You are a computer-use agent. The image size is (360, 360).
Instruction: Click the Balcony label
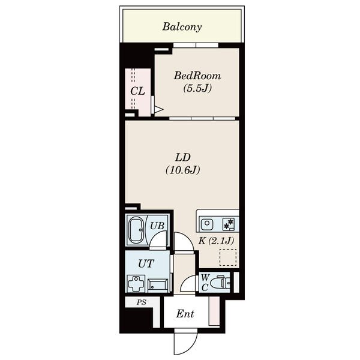[x=182, y=27]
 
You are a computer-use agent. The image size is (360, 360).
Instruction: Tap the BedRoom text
[x=197, y=76]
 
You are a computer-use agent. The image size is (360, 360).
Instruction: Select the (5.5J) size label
[x=197, y=88]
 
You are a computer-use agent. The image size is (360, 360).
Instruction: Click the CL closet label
[x=137, y=91]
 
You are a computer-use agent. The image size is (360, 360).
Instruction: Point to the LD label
[x=183, y=157]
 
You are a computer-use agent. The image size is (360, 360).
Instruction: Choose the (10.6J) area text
[x=183, y=170]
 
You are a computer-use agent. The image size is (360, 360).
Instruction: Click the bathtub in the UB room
[x=136, y=230]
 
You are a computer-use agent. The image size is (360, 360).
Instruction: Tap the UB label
[x=157, y=226]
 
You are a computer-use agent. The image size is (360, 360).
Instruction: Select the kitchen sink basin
[x=207, y=223]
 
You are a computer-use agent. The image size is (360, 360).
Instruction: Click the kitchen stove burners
[x=229, y=224]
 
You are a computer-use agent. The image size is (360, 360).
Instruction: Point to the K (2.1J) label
[x=216, y=241]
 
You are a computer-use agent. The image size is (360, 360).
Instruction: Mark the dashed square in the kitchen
[x=228, y=257]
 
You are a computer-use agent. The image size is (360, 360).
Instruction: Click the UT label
[x=146, y=264]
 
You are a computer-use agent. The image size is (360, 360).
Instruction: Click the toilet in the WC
[x=220, y=283]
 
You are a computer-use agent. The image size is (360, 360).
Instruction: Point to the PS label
[x=142, y=302]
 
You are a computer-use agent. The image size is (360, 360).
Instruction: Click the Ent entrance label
[x=185, y=314]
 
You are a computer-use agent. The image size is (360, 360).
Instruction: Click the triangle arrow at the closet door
[x=158, y=110]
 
